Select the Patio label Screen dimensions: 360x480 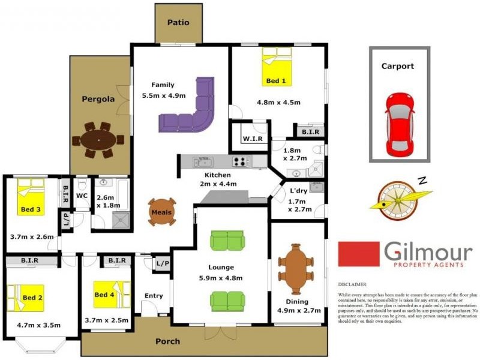(178, 23)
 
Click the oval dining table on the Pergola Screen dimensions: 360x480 (98, 140)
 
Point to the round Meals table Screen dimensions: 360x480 (162, 212)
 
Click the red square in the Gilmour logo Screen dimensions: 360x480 (358, 254)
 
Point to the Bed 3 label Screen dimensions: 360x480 (31, 209)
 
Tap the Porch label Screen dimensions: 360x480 (167, 341)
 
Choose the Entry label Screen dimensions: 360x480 (154, 296)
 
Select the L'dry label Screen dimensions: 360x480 (298, 190)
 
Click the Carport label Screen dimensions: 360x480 (397, 66)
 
